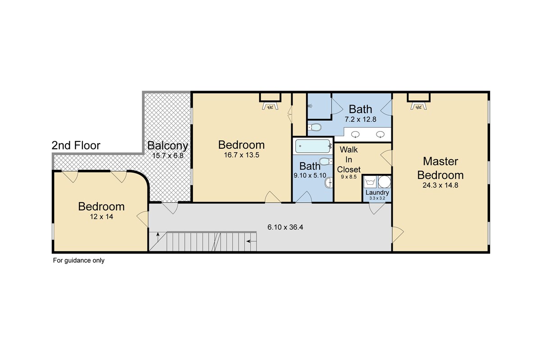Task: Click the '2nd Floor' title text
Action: tap(76, 146)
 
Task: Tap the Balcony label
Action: tap(168, 146)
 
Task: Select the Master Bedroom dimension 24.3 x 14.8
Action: tap(440, 185)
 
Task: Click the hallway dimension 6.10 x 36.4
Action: tap(285, 227)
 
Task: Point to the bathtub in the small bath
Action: tap(313, 146)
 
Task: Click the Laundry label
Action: tap(377, 192)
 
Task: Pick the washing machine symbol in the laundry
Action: tap(370, 182)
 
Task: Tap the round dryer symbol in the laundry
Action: tap(384, 182)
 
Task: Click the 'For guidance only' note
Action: tap(79, 260)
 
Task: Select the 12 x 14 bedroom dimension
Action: tap(101, 217)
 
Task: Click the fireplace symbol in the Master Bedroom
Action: tap(418, 106)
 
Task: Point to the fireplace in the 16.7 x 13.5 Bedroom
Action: tap(270, 106)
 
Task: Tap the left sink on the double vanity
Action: tap(355, 134)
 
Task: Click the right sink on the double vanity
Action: tap(380, 134)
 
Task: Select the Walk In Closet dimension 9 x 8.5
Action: tap(348, 177)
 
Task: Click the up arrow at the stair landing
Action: tap(158, 237)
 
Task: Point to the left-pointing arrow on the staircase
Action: tap(251, 241)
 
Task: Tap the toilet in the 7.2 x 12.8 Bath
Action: tap(315, 127)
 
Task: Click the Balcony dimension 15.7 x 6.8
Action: tap(168, 155)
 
